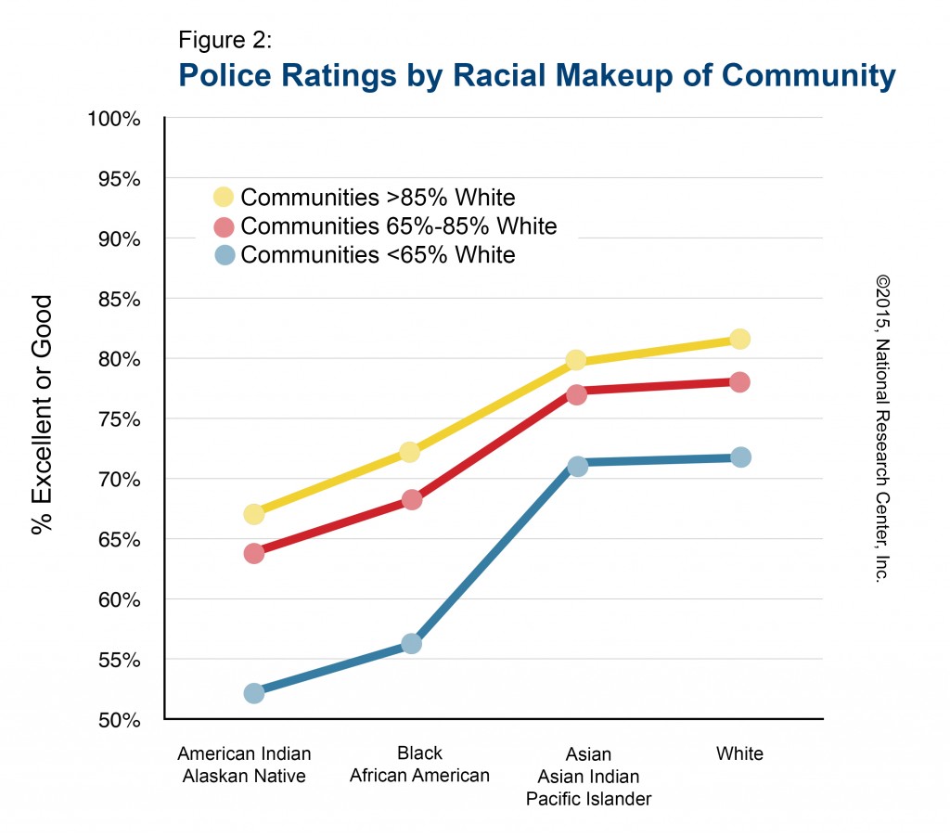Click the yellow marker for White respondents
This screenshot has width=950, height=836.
pos(739,339)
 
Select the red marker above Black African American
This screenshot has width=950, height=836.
pos(411,500)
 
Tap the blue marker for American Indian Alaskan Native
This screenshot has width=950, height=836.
pos(253,693)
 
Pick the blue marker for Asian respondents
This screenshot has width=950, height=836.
pos(576,466)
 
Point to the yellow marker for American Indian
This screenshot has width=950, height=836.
pos(253,514)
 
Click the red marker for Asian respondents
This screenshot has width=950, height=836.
pos(576,394)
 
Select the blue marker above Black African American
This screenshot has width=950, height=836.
pos(411,643)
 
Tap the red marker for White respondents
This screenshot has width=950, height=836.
pos(739,381)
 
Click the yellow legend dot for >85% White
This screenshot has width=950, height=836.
pos(224,197)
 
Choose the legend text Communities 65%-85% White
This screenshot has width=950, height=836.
pos(398,226)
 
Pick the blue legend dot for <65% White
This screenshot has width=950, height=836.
pos(224,255)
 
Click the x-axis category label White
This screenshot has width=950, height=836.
pos(739,753)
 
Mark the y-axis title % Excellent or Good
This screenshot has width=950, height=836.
pos(42,415)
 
